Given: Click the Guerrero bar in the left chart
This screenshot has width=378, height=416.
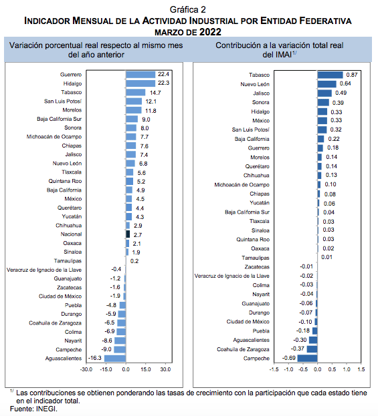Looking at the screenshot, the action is click(140, 75).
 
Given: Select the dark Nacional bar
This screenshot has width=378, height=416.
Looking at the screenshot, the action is click(128, 234).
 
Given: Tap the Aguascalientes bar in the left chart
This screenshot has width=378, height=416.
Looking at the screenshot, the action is click(115, 359).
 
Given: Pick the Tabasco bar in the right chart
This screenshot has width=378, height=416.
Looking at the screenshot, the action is click(330, 75).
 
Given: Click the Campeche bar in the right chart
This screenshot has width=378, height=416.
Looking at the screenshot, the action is click(307, 358).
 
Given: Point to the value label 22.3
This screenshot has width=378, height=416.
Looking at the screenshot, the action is click(163, 83).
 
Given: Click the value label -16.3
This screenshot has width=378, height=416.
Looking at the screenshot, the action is click(95, 358).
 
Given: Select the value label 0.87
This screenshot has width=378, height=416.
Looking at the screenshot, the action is click(352, 75).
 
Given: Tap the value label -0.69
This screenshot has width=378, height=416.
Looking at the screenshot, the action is click(288, 358).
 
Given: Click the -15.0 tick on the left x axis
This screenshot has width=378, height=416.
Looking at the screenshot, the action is click(106, 369).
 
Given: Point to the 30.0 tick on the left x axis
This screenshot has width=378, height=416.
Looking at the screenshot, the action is click(166, 369).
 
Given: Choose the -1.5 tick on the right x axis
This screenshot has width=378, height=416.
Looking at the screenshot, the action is click(274, 369).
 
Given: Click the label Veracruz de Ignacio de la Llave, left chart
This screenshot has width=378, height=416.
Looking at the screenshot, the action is click(44, 270).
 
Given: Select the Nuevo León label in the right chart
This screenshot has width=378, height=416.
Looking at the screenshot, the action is click(255, 84).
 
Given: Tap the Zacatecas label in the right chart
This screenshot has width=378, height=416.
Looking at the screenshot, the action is click(257, 267).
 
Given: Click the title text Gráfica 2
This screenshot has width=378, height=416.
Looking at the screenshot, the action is click(188, 9).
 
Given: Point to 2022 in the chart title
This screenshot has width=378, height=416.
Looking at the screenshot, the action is click(210, 32).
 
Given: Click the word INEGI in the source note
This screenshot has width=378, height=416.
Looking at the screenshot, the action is click(47, 409).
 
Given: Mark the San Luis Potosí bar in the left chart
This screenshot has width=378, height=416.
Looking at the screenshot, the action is click(134, 101).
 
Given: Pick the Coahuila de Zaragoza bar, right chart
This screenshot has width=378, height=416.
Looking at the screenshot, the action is click(312, 349).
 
